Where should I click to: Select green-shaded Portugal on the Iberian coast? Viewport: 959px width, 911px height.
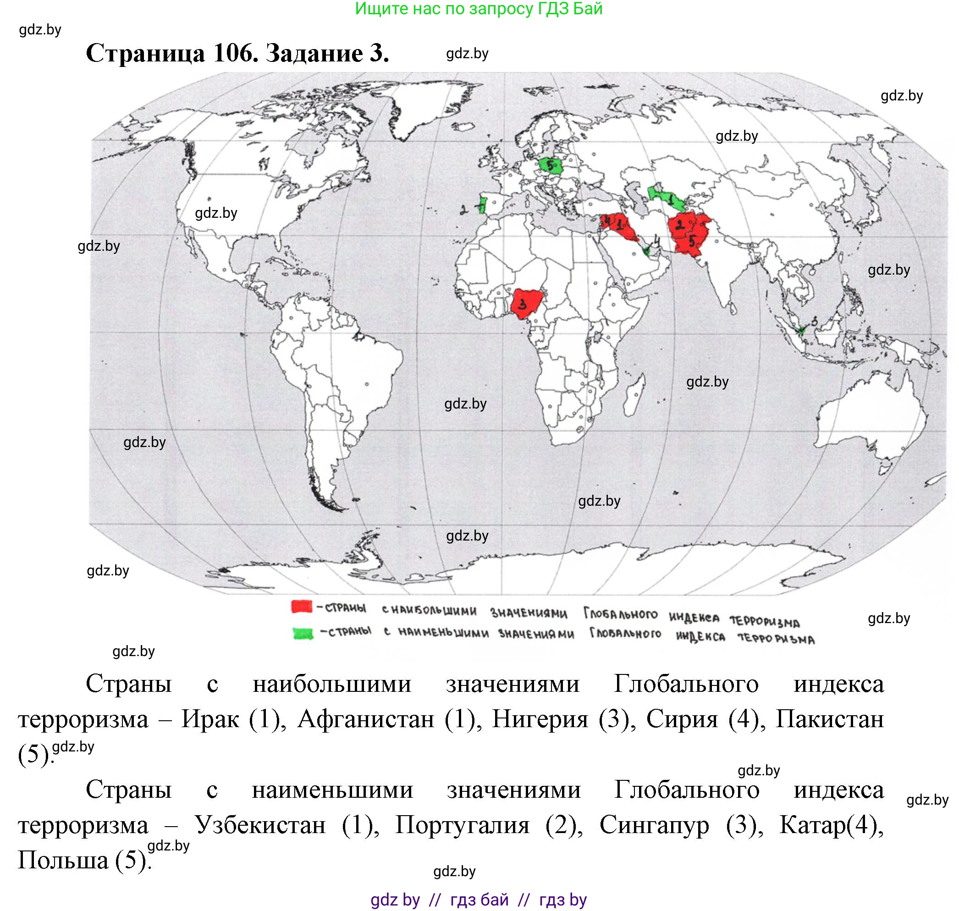point(482,205)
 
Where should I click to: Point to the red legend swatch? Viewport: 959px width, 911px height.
point(302,607)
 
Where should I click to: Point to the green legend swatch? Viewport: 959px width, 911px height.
point(303,633)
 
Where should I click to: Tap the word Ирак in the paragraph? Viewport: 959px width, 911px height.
point(210,719)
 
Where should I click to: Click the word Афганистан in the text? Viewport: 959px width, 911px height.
point(366,719)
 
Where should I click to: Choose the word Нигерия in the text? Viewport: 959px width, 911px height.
point(540,719)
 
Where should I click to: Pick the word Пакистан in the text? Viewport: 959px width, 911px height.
point(829,719)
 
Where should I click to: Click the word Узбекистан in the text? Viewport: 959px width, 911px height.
point(260,824)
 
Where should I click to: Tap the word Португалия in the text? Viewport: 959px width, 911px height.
point(462,824)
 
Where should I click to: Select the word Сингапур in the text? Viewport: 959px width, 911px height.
point(654,824)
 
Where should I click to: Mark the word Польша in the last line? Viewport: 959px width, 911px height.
point(63,860)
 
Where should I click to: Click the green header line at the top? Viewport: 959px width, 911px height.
point(478,9)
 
